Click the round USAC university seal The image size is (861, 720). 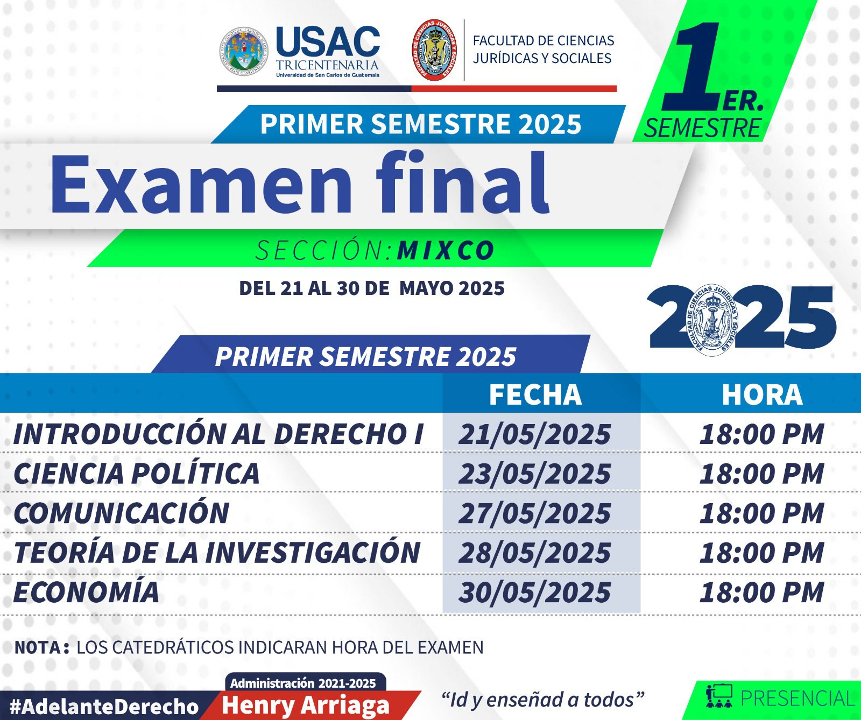click(244, 52)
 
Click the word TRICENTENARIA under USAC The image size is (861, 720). click(328, 65)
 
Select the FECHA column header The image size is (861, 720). click(535, 394)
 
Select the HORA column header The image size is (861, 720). click(762, 394)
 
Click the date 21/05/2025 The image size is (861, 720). click(535, 434)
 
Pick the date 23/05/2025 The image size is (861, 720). click(535, 474)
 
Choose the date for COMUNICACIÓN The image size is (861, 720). click(535, 513)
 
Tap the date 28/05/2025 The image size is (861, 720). click(535, 553)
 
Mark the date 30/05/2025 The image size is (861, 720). click(535, 592)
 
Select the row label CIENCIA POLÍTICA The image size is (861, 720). click(137, 472)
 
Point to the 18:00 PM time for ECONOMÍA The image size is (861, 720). click(762, 592)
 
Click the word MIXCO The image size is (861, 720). click(446, 250)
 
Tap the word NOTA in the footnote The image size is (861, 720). click(37, 647)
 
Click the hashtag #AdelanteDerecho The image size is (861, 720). click(104, 706)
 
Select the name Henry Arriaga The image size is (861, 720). click(306, 705)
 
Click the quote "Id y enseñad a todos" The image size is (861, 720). click(542, 700)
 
